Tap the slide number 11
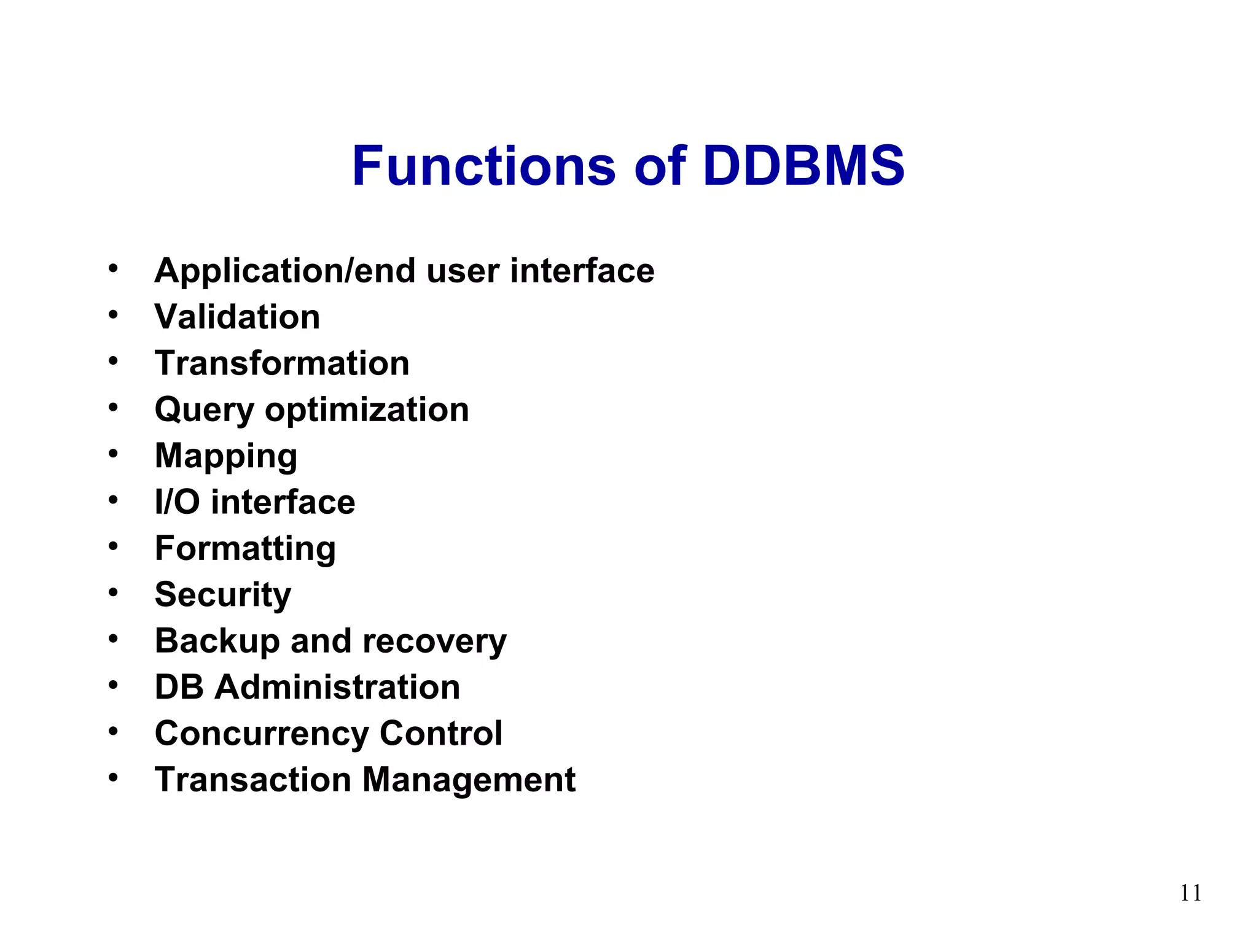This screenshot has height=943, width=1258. point(1190,893)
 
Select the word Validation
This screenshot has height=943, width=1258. point(237,317)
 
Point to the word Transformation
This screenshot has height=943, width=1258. point(282,363)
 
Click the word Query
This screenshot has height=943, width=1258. point(204,410)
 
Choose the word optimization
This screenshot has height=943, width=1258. point(367,410)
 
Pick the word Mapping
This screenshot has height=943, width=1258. point(226,457)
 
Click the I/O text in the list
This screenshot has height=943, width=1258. point(177,502)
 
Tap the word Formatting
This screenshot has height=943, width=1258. point(245,549)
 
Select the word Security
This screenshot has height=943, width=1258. point(223,595)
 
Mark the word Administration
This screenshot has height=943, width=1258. point(337,687)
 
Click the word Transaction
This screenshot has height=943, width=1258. point(252,780)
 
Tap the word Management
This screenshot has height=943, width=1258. point(469,780)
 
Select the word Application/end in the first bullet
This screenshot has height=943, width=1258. point(285,271)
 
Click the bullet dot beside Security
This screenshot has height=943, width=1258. point(113,592)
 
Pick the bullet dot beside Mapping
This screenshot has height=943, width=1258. point(113,454)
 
